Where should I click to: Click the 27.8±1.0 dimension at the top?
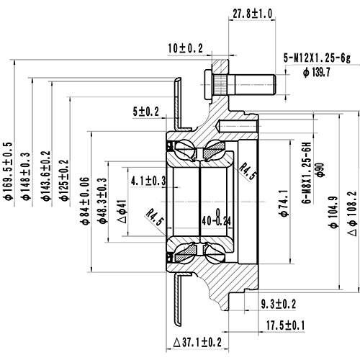tap(252, 13)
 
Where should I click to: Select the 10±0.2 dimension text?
tap(184, 48)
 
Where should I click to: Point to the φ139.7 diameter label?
tap(316, 72)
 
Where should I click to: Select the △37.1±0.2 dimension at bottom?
tap(197, 341)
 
